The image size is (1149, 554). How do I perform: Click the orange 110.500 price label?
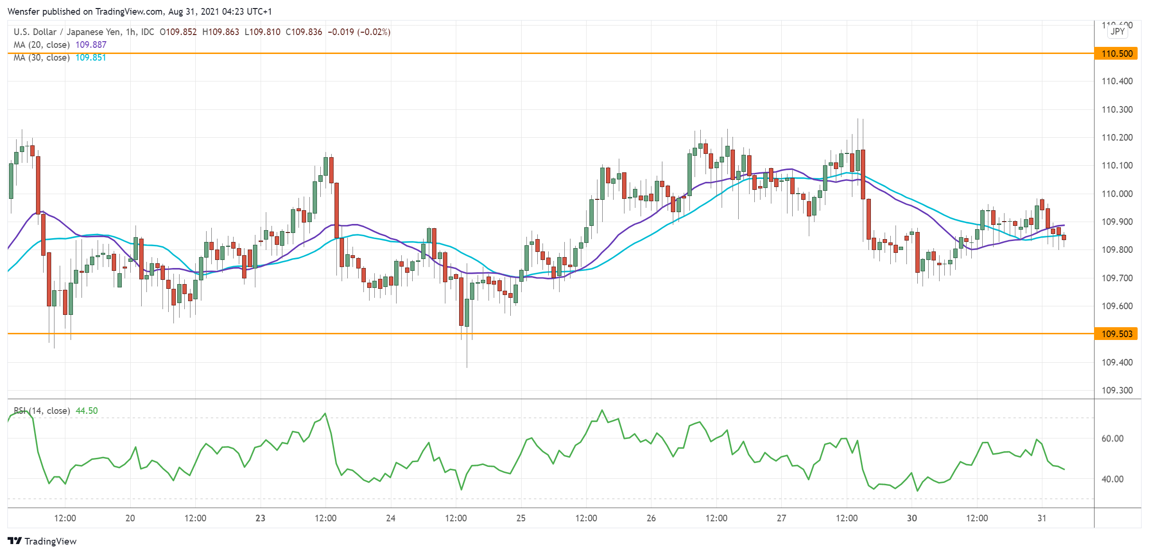1116,54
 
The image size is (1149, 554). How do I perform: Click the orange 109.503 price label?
1116,334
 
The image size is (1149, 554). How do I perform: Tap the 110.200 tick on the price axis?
1117,138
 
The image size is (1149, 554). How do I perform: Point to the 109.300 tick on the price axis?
1117,391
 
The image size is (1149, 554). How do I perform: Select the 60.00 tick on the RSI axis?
1112,438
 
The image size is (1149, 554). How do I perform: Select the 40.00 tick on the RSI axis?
1112,479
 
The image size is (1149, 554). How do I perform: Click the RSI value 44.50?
87,411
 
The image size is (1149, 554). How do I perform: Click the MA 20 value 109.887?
91,45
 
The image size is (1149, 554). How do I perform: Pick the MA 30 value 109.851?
91,58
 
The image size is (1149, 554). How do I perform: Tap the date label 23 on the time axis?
260,518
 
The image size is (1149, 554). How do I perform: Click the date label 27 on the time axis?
781,518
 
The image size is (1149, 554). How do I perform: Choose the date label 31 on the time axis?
1041,518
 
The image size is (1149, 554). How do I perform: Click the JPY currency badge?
1118,32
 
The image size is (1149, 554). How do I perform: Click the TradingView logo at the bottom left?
42,541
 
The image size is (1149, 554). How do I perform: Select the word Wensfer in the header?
24,11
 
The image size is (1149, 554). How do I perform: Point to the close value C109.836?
304,32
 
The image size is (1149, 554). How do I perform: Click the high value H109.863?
221,32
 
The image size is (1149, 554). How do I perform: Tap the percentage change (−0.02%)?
374,32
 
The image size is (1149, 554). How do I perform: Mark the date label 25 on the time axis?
521,518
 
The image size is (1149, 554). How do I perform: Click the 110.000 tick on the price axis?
1117,194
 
